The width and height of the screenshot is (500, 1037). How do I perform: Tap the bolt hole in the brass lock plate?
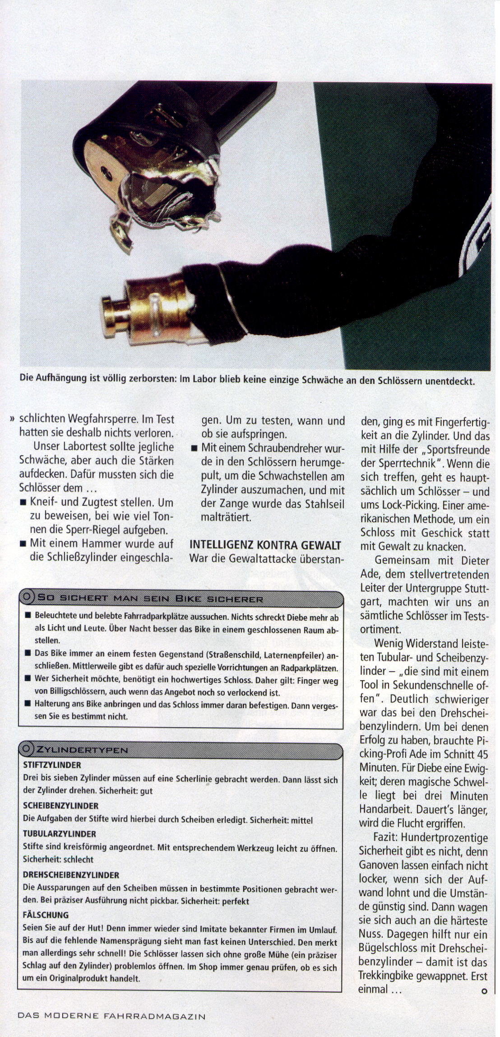[105, 171]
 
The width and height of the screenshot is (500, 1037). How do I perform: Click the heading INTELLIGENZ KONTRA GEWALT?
[265, 545]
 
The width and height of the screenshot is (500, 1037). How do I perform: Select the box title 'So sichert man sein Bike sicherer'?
[150, 599]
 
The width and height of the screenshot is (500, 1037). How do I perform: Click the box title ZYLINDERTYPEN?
[82, 750]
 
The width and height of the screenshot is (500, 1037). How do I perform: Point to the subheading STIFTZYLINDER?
[52, 765]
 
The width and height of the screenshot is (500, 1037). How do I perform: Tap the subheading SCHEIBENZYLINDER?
[60, 806]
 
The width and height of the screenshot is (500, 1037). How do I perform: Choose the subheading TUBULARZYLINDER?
[59, 834]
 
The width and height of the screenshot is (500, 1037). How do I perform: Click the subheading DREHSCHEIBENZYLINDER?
[71, 875]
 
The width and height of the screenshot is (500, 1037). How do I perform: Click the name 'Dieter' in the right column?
[475, 561]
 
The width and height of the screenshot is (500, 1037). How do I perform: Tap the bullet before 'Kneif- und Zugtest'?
[23, 503]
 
